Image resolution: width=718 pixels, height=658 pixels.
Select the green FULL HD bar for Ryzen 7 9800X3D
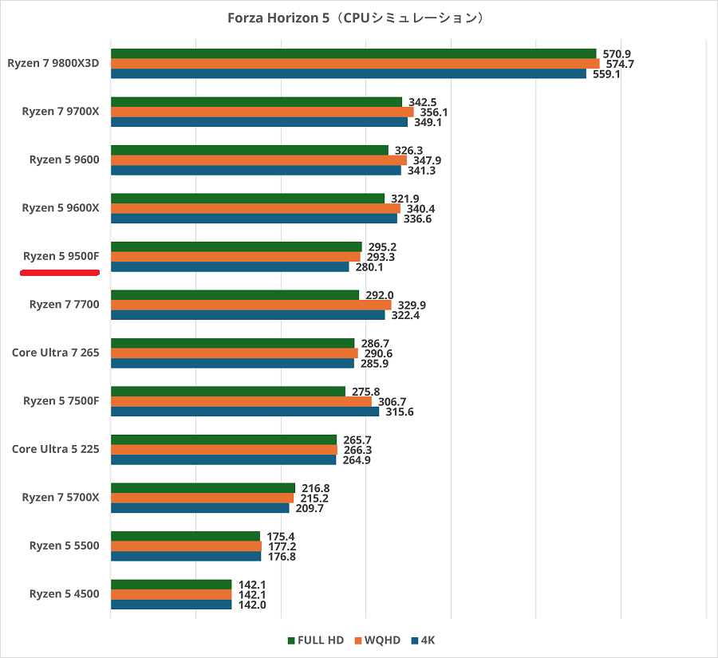point(351,53)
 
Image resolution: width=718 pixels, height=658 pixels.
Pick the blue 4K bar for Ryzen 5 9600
point(255,170)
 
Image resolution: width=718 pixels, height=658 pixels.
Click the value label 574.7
point(619,64)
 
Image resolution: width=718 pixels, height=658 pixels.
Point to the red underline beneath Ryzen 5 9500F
point(60,272)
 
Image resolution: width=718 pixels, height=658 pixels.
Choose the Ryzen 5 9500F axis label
point(61,256)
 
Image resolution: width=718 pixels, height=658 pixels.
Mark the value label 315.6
point(399,412)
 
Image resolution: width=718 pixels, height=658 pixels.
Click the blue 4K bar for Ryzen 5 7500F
point(244,412)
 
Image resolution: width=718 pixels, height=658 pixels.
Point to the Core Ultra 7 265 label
point(56,353)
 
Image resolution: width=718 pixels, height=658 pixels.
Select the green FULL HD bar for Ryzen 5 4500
point(171,585)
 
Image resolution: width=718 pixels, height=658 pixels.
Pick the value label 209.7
point(309,508)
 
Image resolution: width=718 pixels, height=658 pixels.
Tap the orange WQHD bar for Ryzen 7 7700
point(251,305)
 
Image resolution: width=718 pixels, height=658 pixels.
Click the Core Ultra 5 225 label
point(56,449)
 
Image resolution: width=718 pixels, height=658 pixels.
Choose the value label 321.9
point(404,199)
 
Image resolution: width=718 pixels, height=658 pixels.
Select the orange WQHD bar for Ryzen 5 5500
point(186,546)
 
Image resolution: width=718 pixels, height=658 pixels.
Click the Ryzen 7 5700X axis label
point(61,498)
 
